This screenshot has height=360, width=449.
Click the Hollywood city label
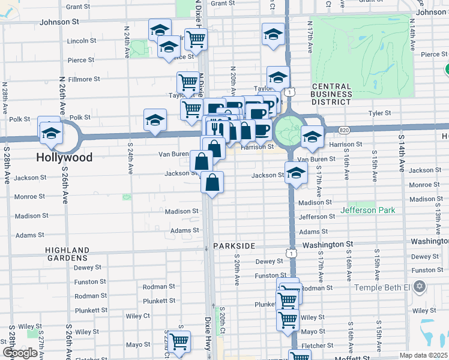(x=65, y=157)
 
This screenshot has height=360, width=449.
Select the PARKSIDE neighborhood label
(x=234, y=246)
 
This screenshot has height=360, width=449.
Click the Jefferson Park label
(x=367, y=211)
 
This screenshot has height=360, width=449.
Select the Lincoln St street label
(x=82, y=41)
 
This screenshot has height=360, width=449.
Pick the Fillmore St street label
(x=85, y=79)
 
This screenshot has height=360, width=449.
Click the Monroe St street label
(x=30, y=196)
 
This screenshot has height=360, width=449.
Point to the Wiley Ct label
(x=137, y=316)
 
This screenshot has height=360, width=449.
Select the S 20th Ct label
(x=221, y=323)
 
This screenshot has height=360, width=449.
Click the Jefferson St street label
(x=316, y=217)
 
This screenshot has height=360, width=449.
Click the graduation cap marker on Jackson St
(x=296, y=173)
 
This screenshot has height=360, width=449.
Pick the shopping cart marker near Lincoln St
(x=196, y=40)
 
